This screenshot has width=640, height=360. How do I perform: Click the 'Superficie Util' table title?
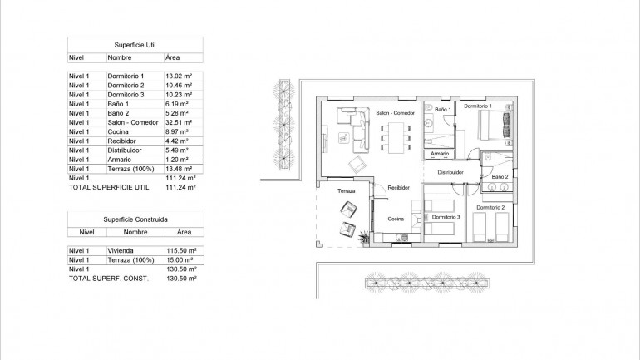134,44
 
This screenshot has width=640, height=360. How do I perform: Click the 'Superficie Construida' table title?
134,220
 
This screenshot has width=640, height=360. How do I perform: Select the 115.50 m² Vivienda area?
180,250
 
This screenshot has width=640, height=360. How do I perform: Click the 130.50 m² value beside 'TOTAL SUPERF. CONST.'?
180,279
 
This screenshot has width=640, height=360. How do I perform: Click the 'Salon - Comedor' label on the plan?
395,113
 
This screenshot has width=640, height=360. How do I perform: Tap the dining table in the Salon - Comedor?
395,136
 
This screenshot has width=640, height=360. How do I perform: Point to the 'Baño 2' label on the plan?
500,177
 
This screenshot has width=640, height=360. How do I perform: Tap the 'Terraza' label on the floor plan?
346,191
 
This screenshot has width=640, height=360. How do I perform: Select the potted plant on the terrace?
364,239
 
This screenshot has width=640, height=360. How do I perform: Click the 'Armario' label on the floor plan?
440,154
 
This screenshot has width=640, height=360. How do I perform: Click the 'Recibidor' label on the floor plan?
400,189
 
